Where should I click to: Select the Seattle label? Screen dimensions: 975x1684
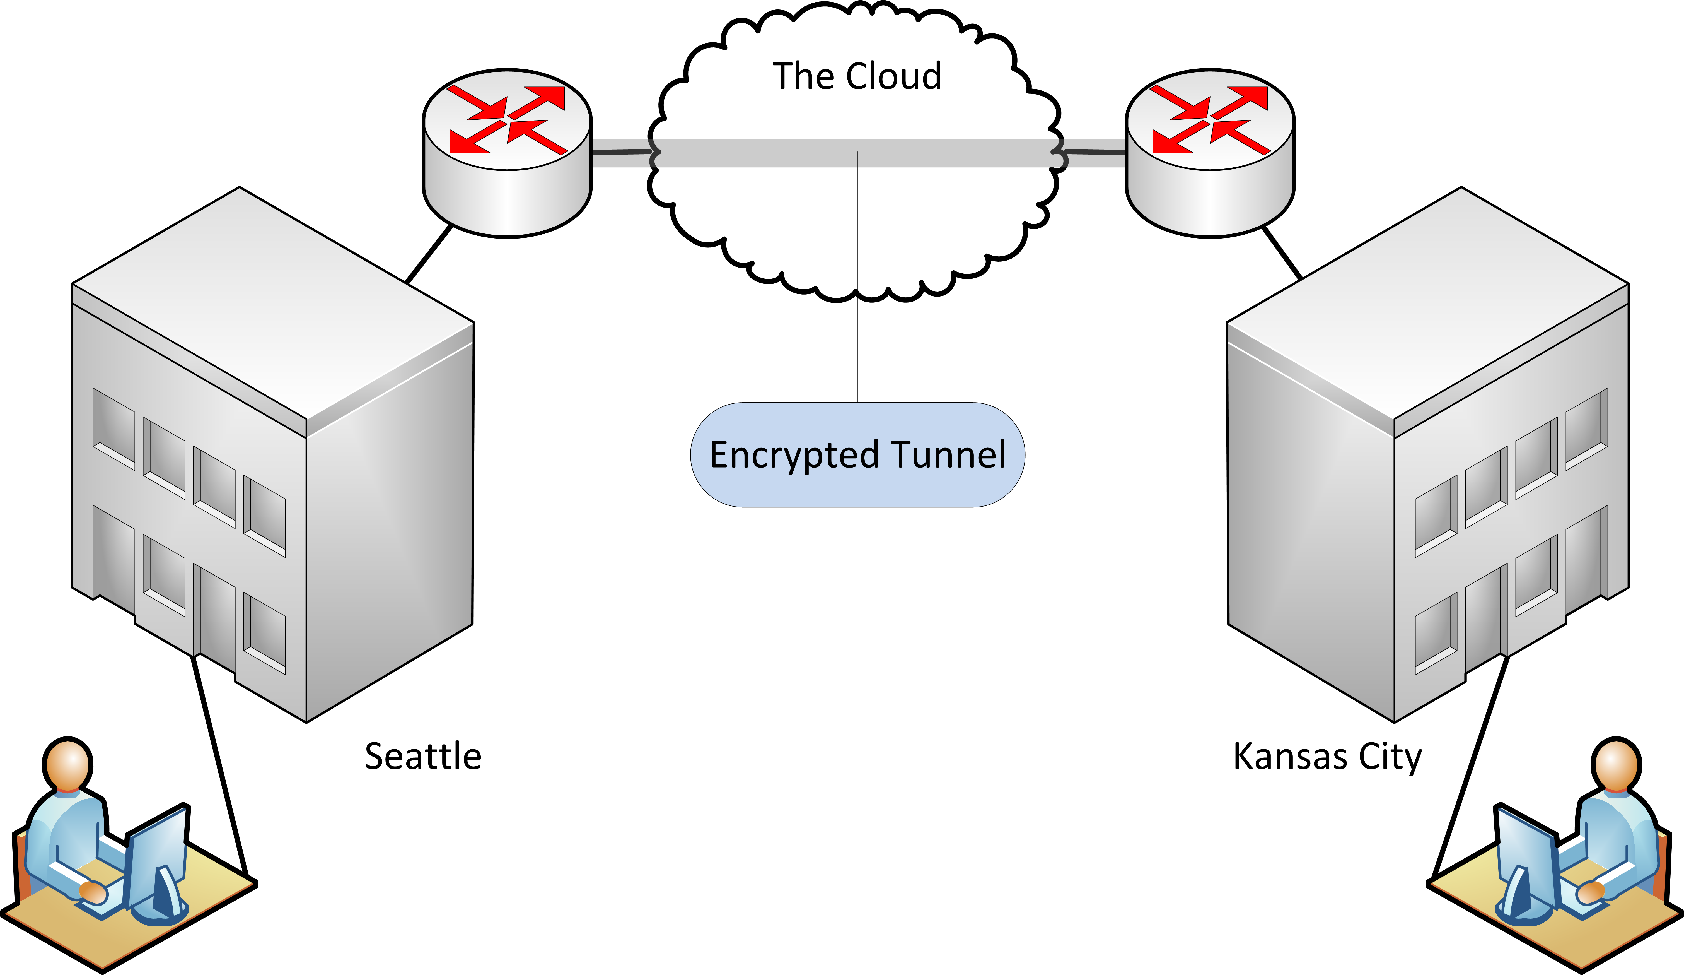point(423,756)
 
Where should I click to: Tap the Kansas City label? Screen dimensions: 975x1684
point(1327,756)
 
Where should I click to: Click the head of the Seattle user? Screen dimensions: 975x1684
point(67,764)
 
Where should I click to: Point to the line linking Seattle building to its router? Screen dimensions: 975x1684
point(429,255)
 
